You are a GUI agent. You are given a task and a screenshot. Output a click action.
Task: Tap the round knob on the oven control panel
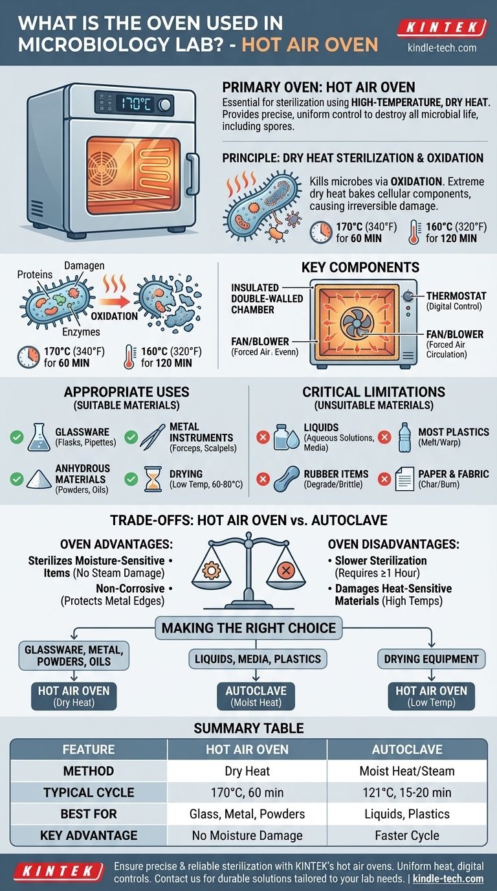pyautogui.click(x=164, y=105)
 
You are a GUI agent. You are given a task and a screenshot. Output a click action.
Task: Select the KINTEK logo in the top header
pyautogui.click(x=442, y=27)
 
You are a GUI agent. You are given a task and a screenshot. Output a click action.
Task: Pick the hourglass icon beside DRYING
pyautogui.click(x=153, y=479)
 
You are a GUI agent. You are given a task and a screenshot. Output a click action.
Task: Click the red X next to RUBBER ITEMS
pyautogui.click(x=263, y=479)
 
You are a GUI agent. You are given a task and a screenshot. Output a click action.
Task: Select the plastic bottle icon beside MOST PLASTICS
pyautogui.click(x=404, y=437)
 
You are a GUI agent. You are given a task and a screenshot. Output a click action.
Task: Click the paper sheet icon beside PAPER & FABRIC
pyautogui.click(x=404, y=479)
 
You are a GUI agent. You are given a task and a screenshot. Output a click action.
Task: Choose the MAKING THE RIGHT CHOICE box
pyautogui.click(x=248, y=628)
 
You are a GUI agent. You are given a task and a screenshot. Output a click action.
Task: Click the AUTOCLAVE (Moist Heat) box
pyautogui.click(x=256, y=697)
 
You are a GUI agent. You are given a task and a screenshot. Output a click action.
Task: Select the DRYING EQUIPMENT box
pyautogui.click(x=431, y=659)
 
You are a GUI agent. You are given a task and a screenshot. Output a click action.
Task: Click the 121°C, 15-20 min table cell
pyautogui.click(x=407, y=793)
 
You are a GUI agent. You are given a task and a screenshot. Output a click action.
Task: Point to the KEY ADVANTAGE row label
pyautogui.click(x=89, y=835)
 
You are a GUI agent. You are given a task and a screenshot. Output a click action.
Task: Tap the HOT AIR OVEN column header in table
pyautogui.click(x=247, y=749)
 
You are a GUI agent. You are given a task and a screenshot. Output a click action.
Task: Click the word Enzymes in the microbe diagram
pyautogui.click(x=81, y=332)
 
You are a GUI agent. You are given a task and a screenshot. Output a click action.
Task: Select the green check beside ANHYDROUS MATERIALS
pyautogui.click(x=17, y=479)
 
